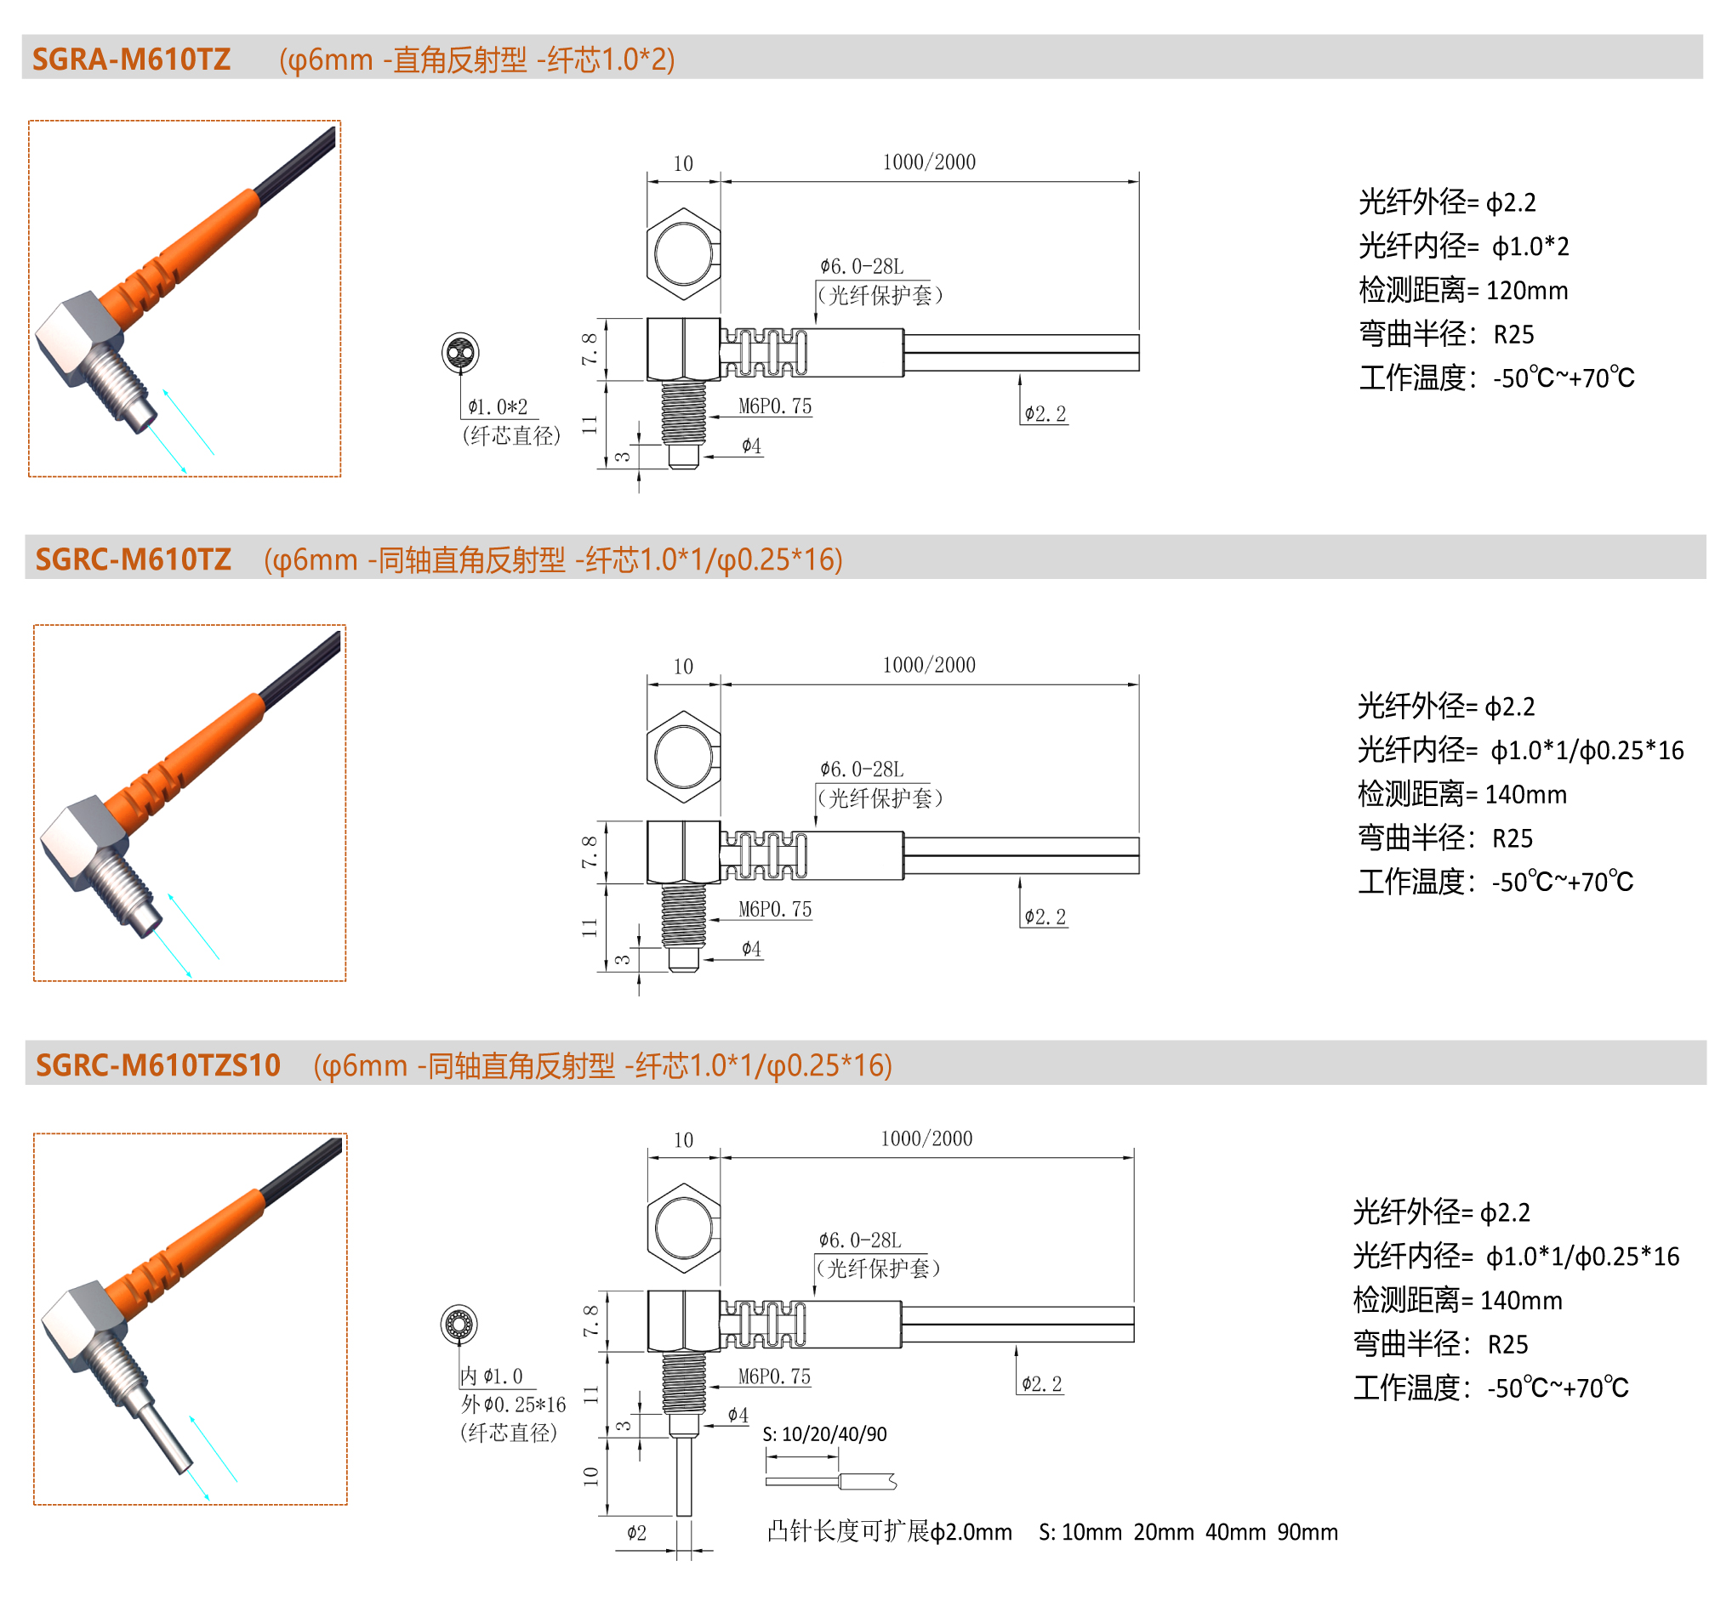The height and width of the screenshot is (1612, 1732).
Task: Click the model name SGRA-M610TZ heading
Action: click(x=132, y=60)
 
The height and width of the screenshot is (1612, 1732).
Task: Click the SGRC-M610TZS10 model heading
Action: click(x=157, y=1065)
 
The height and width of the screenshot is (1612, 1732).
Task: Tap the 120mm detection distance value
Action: click(x=1526, y=290)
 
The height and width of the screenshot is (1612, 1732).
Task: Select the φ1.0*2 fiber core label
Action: click(x=498, y=406)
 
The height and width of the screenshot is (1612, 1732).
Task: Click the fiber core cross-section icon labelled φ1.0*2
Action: click(x=460, y=353)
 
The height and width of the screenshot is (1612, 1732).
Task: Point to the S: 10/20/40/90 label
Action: click(x=824, y=1434)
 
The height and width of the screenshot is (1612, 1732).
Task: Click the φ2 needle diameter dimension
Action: click(x=637, y=1533)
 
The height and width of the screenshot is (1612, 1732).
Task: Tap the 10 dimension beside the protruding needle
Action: click(x=590, y=1476)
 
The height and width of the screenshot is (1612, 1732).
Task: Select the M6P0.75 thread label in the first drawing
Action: click(x=774, y=406)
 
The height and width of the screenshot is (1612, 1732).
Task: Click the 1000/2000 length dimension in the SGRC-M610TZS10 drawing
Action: click(x=926, y=1139)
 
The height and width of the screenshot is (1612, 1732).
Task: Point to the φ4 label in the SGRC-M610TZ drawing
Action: click(x=751, y=948)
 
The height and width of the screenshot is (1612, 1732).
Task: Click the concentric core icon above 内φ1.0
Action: click(x=459, y=1325)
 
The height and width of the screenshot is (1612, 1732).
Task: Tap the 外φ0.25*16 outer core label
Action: click(x=513, y=1405)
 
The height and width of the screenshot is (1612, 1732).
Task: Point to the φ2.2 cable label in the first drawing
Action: click(x=1045, y=414)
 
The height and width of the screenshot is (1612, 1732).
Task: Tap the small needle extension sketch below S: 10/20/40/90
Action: click(x=831, y=1481)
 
